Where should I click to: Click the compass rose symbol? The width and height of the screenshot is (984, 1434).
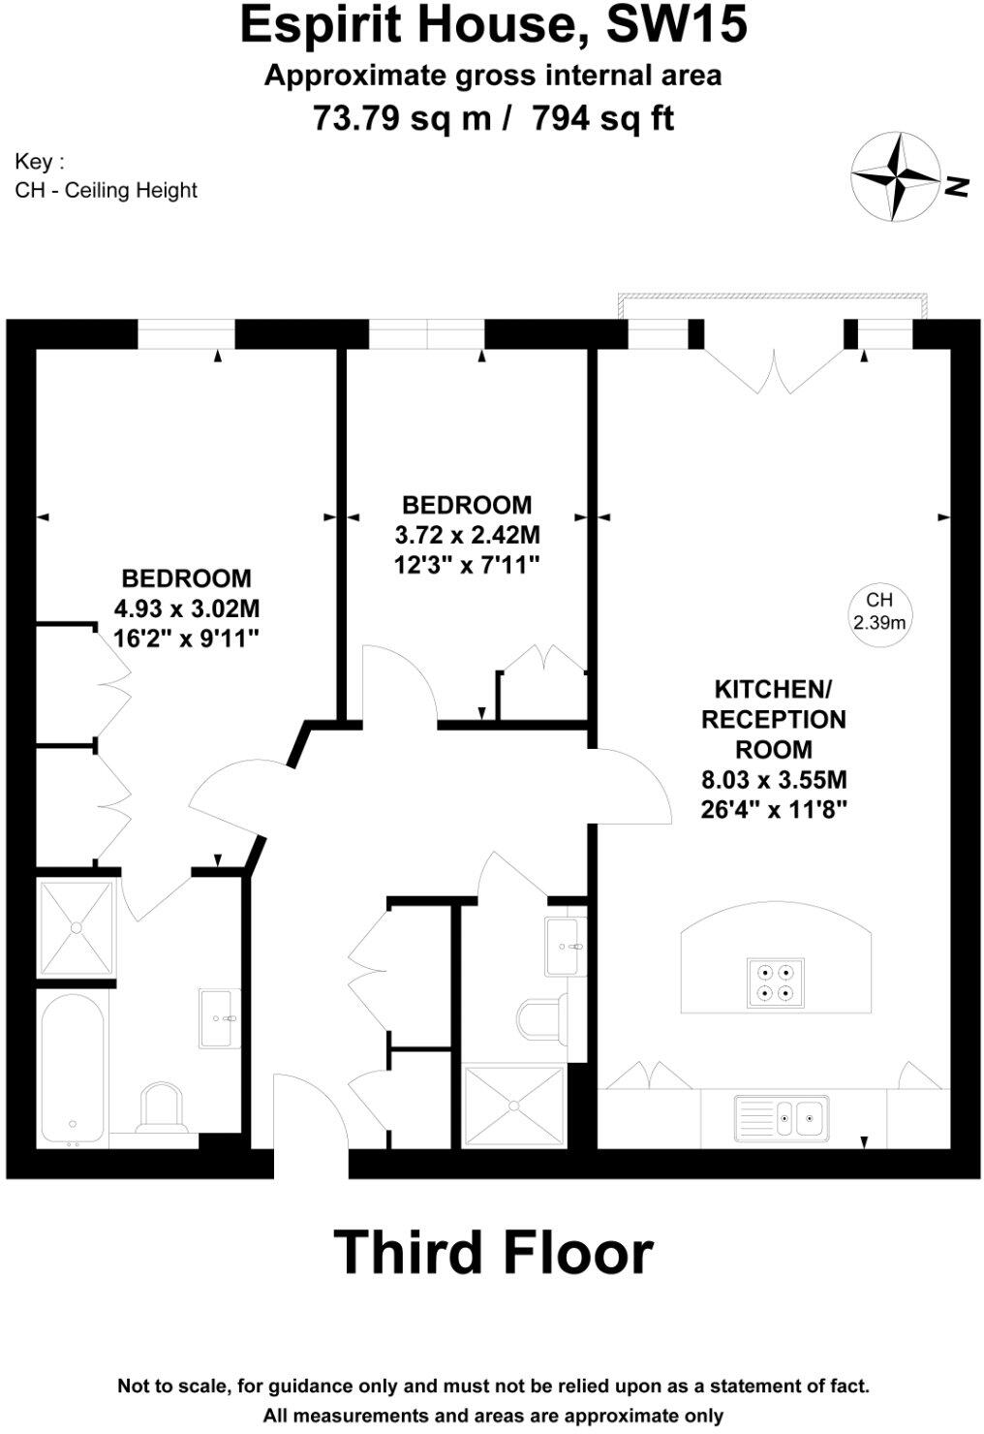coord(895,176)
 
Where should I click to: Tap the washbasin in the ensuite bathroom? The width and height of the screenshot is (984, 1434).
coord(220,1017)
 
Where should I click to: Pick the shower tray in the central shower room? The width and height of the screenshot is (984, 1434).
coord(514,1106)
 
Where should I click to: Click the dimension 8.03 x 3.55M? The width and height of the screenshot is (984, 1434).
coord(774,779)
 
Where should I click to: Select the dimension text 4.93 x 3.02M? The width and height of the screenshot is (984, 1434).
coord(187,608)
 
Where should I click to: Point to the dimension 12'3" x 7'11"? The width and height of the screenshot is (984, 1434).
coord(467,564)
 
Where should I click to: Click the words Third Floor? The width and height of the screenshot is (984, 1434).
coord(493,1252)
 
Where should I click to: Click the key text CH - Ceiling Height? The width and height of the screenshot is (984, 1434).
coord(106,190)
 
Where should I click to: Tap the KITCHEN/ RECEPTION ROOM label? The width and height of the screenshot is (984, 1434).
coord(773,719)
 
